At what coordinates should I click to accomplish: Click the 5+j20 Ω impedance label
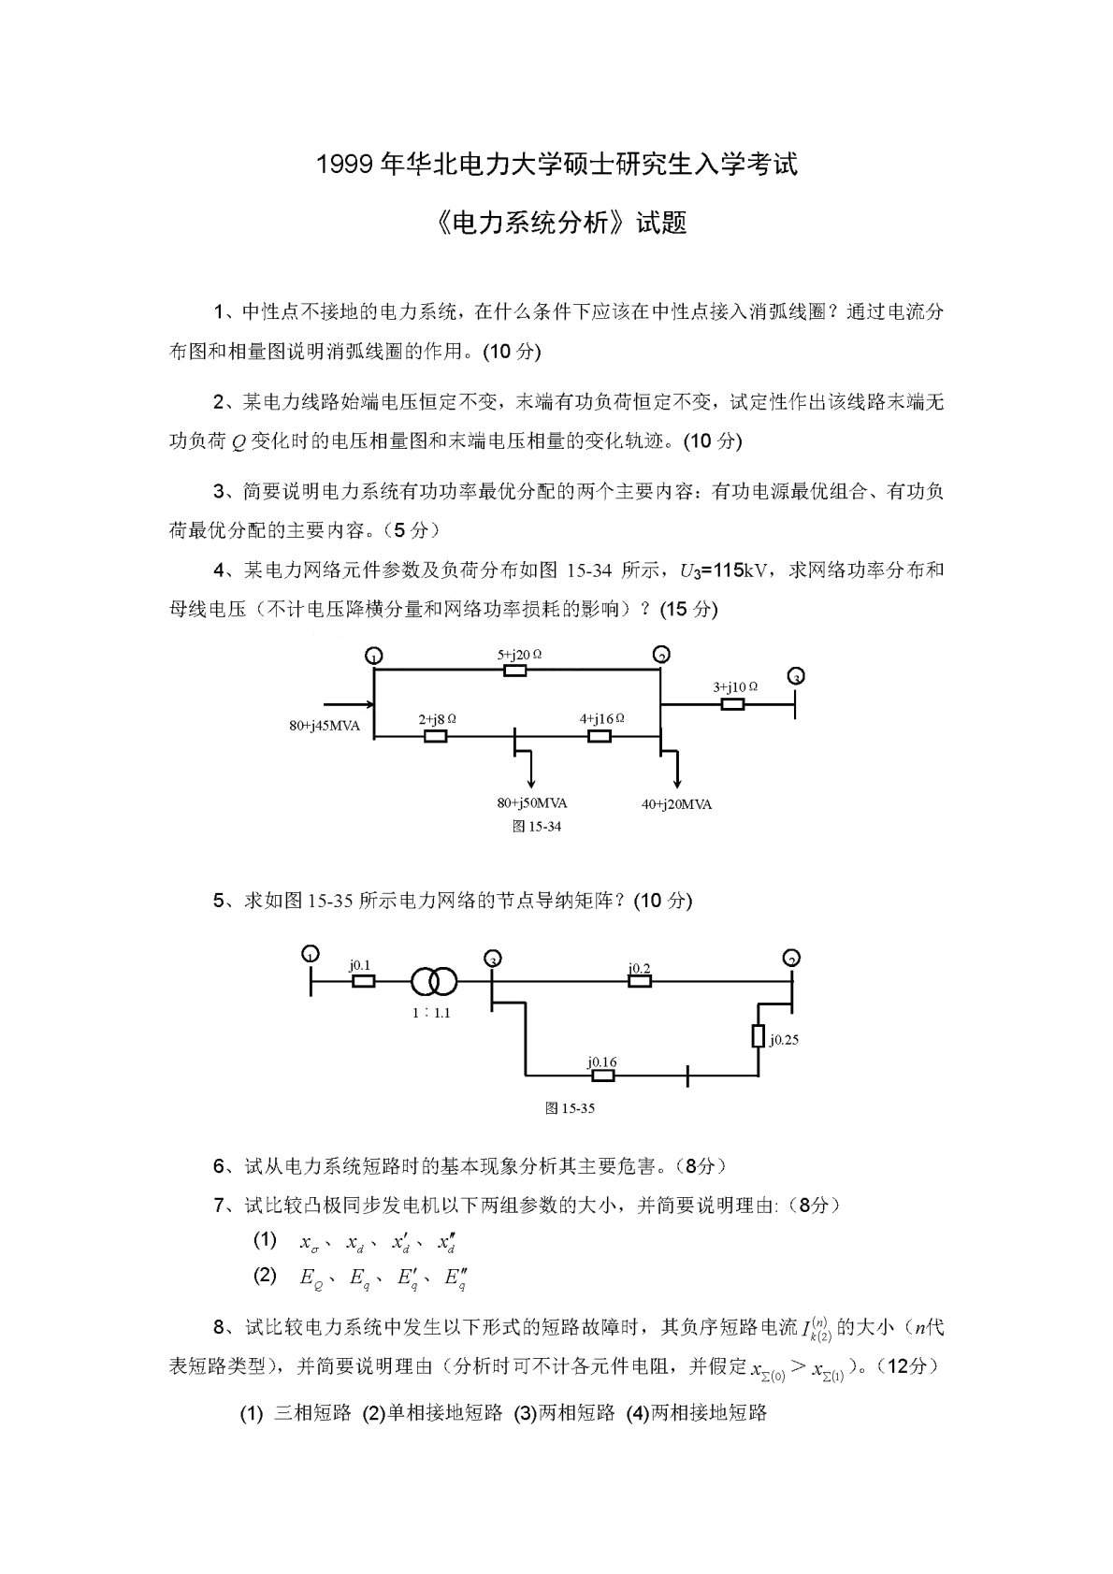click(x=520, y=654)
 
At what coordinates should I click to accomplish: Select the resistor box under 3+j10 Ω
click(x=732, y=703)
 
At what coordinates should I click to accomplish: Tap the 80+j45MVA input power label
click(x=325, y=725)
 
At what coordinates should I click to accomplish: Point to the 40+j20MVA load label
click(x=676, y=804)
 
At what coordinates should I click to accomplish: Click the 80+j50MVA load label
click(x=531, y=802)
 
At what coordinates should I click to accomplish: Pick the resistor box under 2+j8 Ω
click(x=435, y=736)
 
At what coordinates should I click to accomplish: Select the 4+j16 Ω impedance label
click(x=601, y=718)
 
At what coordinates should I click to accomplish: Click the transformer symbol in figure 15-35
click(x=434, y=981)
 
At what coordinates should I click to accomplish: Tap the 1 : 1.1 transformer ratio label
click(x=430, y=1012)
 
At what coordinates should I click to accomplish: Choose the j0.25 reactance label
click(x=784, y=1038)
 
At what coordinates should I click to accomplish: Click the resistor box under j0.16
click(x=603, y=1076)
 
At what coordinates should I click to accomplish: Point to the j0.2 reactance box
click(x=639, y=981)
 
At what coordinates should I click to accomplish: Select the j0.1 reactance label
click(x=360, y=964)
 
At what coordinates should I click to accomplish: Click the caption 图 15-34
click(x=537, y=826)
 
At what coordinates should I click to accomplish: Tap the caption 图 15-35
click(x=570, y=1108)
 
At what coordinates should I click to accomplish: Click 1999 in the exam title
click(x=347, y=166)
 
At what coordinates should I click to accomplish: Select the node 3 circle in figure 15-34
click(x=796, y=675)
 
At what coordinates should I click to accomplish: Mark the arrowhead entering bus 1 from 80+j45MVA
click(x=367, y=704)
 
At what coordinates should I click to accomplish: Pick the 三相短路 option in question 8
click(x=311, y=1412)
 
